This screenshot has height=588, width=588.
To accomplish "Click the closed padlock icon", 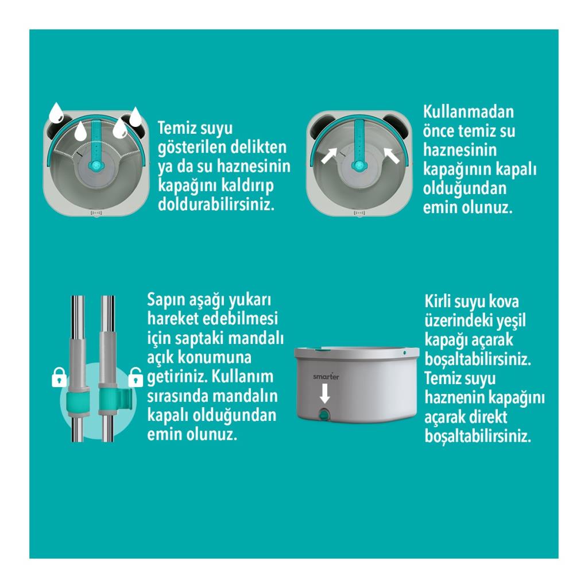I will [x=59, y=378].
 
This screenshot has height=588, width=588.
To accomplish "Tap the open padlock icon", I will [x=135, y=377].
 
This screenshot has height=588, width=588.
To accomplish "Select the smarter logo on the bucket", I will [x=326, y=377].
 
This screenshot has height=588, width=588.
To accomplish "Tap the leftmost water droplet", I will [x=56, y=112].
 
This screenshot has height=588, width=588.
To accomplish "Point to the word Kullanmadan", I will [x=468, y=111].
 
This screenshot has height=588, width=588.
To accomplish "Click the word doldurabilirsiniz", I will [x=214, y=205].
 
